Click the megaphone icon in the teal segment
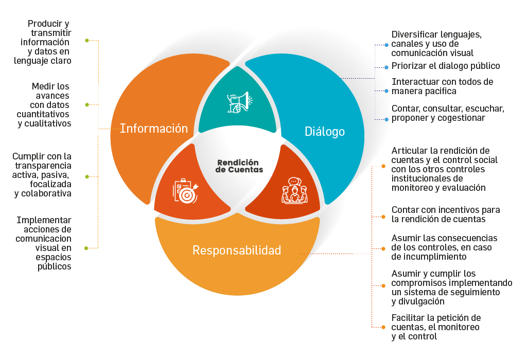click(x=238, y=102)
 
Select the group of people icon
click(x=294, y=190)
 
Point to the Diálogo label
click(x=325, y=132)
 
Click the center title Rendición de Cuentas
click(x=239, y=166)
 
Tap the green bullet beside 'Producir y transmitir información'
click(x=86, y=40)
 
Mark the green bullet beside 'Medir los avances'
click(x=86, y=105)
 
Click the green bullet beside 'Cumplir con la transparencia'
click(x=86, y=176)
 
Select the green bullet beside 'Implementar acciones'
click(x=86, y=248)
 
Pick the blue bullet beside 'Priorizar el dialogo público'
click(x=387, y=67)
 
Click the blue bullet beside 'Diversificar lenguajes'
click(x=387, y=45)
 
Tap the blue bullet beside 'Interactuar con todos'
click(x=387, y=91)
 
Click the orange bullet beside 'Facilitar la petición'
click(x=383, y=327)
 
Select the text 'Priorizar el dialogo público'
click(x=446, y=66)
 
